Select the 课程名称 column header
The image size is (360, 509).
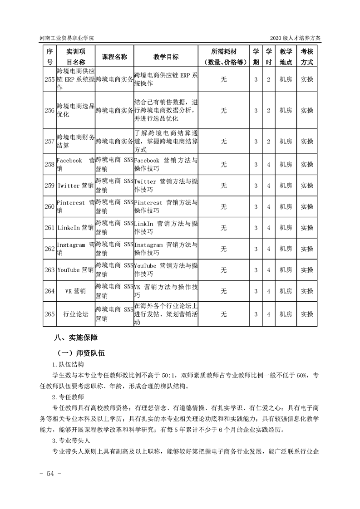click(x=114, y=57)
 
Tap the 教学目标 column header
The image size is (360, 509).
click(x=166, y=57)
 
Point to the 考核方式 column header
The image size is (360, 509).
click(x=307, y=57)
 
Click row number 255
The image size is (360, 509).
click(x=49, y=79)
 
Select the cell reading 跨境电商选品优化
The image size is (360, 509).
click(x=75, y=110)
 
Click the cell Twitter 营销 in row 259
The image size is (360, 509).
click(x=75, y=186)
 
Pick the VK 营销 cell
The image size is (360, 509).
click(x=75, y=291)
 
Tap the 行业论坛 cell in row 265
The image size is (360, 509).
click(x=75, y=314)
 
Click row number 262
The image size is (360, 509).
click(x=49, y=249)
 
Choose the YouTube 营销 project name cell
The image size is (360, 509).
click(x=75, y=270)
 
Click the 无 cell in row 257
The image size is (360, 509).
click(x=223, y=142)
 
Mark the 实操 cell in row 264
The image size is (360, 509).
click(x=307, y=291)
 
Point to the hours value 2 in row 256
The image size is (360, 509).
click(x=269, y=110)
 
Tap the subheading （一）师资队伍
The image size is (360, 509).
click(x=81, y=352)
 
